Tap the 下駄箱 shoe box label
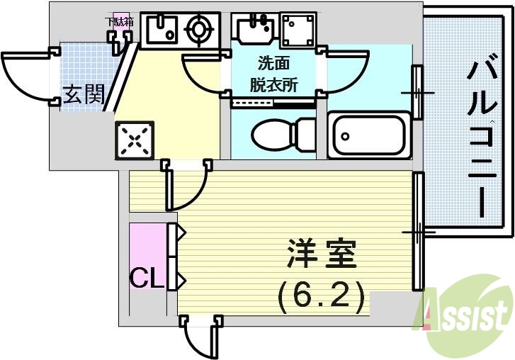tap(118, 21)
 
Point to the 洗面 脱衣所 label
tap(273, 74)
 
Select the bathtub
tap(369, 135)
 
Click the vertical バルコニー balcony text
tap(481, 138)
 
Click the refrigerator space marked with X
tap(135, 140)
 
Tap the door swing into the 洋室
tap(188, 188)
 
